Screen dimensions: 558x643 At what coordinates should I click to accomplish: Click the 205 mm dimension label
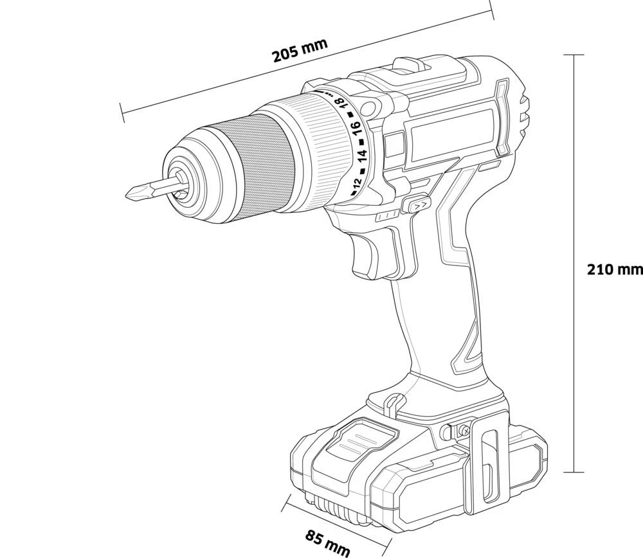click(300, 50)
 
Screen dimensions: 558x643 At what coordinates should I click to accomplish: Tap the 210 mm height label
click(614, 269)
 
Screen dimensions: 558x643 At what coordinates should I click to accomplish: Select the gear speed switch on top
click(410, 64)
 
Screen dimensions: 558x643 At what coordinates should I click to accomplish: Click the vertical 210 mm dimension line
click(574, 193)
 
